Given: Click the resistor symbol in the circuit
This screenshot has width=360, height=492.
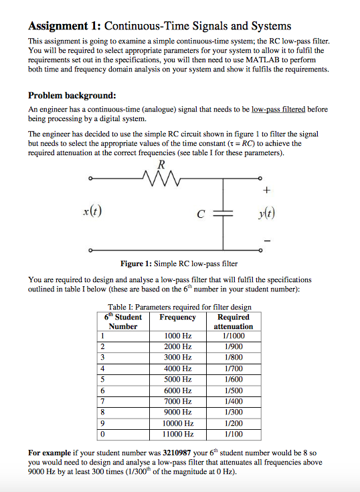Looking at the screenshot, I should coord(159,178).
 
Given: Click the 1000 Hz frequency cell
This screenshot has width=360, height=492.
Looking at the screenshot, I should coord(178,335).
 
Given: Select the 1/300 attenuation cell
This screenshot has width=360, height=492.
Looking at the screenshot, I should coord(234,412).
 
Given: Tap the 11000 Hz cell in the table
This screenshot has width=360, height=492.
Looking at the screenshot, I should coord(178,435).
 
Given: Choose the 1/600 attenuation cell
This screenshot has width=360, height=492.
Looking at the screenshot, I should coord(234,379).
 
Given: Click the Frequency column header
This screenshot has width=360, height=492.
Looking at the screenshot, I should coord(178,317).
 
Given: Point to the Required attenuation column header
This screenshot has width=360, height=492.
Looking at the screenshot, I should coord(234,322).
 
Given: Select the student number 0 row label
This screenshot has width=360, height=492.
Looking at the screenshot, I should coord(102,435).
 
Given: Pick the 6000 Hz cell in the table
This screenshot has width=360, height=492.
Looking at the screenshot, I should coord(178,390).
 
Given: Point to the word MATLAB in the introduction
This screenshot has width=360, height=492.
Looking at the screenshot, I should coord(256,59).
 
